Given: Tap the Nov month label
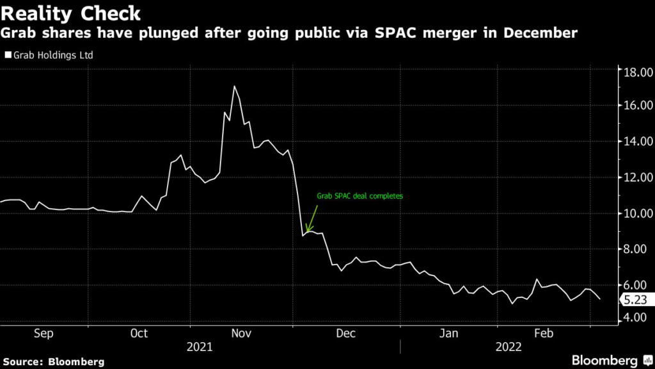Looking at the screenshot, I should point(241,334).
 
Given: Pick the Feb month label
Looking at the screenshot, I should point(544,334).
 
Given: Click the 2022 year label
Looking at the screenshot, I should point(509,347).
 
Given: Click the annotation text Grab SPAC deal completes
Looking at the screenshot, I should point(360,197).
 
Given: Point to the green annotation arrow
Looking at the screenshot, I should point(312,218).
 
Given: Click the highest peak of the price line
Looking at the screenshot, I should point(235,86).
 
